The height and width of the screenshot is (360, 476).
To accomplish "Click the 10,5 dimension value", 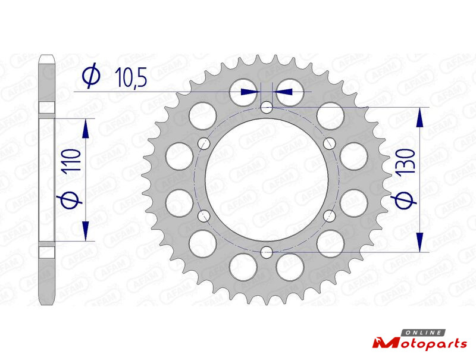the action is coord(131,77).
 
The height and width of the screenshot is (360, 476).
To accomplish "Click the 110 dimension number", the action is coord(71,161).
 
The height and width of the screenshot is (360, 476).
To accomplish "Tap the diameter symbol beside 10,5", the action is coord(91,76).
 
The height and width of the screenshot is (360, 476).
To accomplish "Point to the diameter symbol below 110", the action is coord(70,201).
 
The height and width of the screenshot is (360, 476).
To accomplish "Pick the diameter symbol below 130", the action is coord(404,201).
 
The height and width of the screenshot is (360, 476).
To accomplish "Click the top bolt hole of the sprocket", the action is coord(267,107).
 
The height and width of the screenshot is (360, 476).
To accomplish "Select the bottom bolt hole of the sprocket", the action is coord(267,252).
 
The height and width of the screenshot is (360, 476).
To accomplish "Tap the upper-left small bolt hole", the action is coord(204,143).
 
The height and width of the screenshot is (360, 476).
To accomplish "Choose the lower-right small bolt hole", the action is coord(330,216).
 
